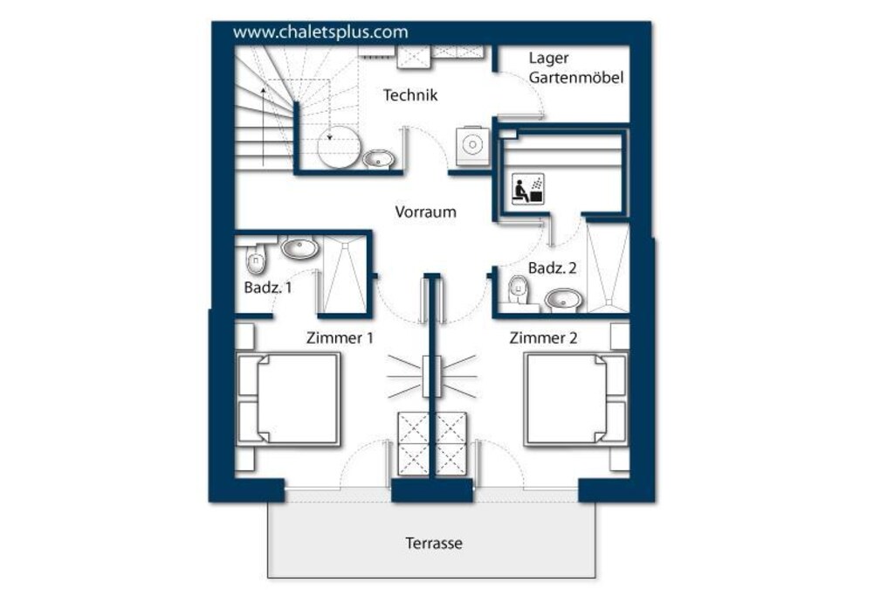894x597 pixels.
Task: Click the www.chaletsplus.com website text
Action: point(320,32)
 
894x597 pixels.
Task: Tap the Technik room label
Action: point(410,94)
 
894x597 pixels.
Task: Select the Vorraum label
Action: point(425,212)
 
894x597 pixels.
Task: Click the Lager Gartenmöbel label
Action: point(576,67)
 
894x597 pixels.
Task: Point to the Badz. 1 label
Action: point(267,287)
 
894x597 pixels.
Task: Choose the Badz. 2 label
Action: point(552,267)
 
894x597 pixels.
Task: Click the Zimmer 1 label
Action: point(340,338)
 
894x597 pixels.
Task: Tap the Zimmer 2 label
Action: point(543,338)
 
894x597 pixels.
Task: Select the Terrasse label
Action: point(433,543)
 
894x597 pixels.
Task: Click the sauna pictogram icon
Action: point(528,189)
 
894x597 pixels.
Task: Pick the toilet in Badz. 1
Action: point(256,258)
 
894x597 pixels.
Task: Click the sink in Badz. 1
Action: point(300,247)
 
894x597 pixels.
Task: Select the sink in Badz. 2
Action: point(564,300)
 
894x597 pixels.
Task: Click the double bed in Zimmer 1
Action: point(288,399)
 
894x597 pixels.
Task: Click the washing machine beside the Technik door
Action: point(472,146)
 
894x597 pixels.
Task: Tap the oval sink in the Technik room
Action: point(378,158)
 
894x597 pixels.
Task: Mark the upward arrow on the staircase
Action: point(263,126)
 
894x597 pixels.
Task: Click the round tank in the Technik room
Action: point(339,147)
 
